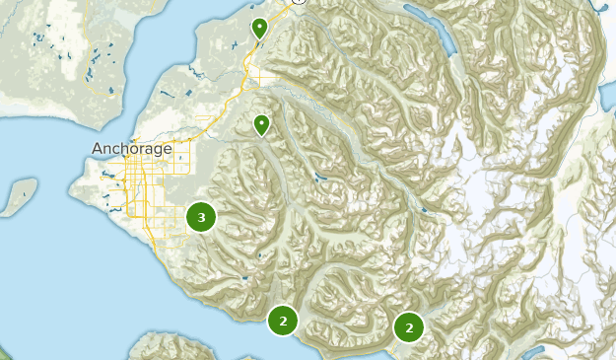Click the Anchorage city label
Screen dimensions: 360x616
pos(131,149)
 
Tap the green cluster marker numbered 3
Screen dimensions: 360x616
pos(201,217)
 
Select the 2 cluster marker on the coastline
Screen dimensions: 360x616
pos(283,321)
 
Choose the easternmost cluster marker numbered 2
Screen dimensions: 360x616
pos(408,327)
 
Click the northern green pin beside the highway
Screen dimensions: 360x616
pos(259,28)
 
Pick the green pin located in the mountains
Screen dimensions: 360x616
pos(262,125)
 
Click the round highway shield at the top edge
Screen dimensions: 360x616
pos(300,2)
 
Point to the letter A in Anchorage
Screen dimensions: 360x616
pos(98,149)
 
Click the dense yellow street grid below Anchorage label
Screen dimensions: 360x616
pos(133,187)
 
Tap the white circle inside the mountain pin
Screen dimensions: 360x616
pos(262,123)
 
